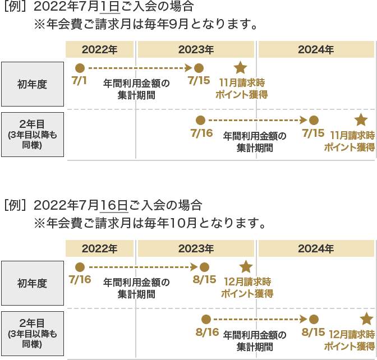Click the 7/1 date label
point(80,80)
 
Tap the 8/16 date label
point(206,332)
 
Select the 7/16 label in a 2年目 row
point(201,133)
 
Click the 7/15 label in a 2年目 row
point(313,133)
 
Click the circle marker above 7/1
point(80,68)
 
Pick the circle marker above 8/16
point(206,319)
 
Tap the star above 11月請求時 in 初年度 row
point(240,67)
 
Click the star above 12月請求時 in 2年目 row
point(366,319)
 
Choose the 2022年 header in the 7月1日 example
point(99,49)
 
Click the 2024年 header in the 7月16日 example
point(316,248)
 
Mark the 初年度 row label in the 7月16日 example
point(32,283)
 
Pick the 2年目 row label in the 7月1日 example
point(32,135)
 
